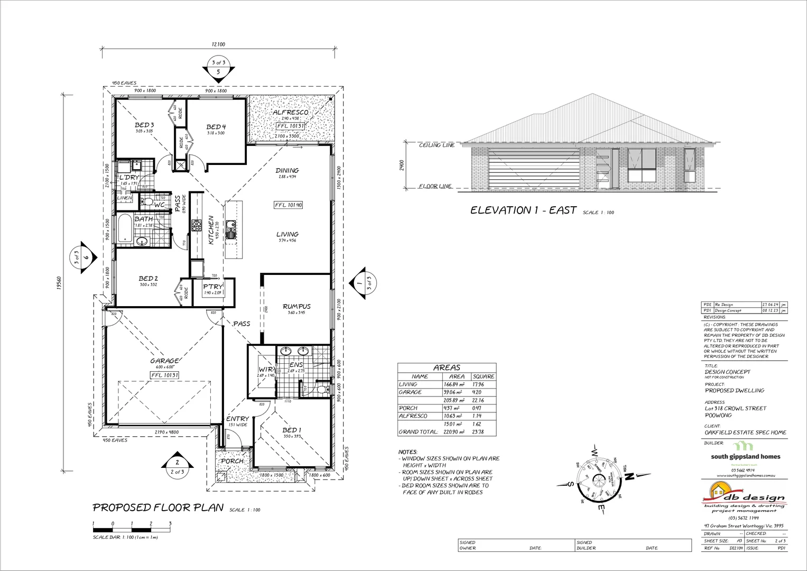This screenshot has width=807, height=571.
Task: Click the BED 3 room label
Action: pyautogui.click(x=144, y=125)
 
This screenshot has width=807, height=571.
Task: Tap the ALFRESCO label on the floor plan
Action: pyautogui.click(x=290, y=113)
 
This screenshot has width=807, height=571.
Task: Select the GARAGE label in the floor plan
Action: pyautogui.click(x=164, y=361)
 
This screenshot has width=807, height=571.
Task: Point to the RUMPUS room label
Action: pyautogui.click(x=296, y=306)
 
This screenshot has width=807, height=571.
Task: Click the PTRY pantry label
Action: pyautogui.click(x=214, y=287)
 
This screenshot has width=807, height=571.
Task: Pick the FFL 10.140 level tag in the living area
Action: pyautogui.click(x=288, y=205)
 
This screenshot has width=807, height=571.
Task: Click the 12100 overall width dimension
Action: pyautogui.click(x=218, y=45)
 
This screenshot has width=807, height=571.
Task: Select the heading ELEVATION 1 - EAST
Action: pyautogui.click(x=523, y=210)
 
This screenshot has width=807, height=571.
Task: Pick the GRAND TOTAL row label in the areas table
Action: pyautogui.click(x=418, y=432)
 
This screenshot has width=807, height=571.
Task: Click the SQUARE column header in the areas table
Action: pyautogui.click(x=484, y=376)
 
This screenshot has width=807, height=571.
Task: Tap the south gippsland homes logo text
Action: pyautogui.click(x=745, y=457)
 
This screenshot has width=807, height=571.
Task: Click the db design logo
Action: pyautogui.click(x=745, y=497)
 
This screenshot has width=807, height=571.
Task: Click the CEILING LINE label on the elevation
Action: pyautogui.click(x=437, y=145)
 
